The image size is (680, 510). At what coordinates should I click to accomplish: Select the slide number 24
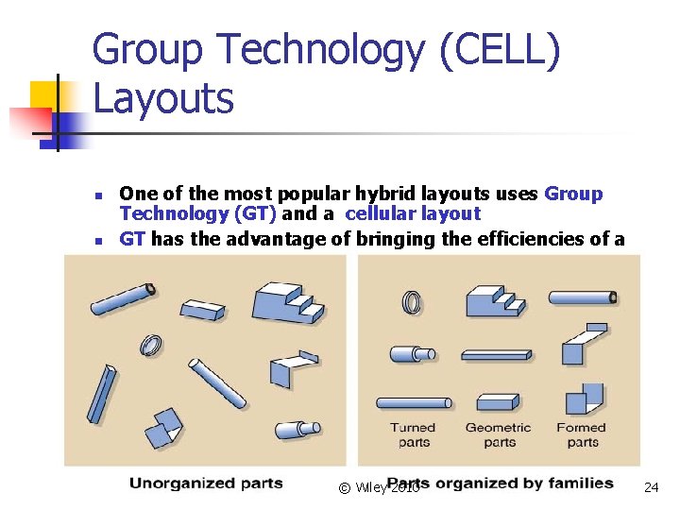pos(650,487)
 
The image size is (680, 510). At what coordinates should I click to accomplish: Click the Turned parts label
pos(414,434)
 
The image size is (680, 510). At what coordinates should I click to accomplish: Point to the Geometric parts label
pos(499,434)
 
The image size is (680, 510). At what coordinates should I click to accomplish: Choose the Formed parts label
pos(582,434)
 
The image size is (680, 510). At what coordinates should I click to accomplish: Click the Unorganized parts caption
pos(206,484)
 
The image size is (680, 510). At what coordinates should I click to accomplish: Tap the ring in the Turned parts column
pos(412,302)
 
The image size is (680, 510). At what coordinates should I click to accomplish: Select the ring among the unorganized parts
pos(149,346)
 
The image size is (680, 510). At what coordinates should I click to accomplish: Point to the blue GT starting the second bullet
pos(132,239)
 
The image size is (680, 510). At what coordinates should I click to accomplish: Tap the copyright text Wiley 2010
pos(378,487)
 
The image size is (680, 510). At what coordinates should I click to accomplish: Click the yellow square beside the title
pos(44,94)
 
